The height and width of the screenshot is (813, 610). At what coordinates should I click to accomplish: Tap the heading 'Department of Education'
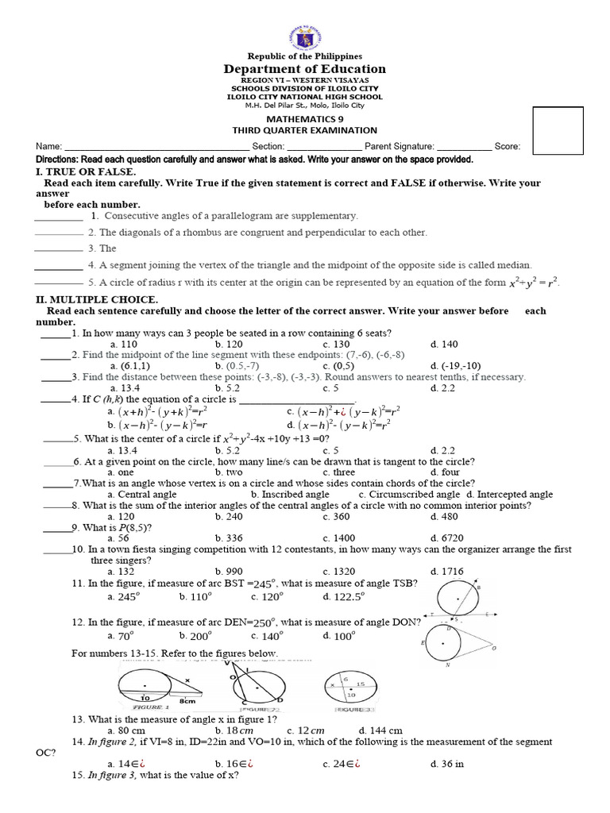click(305, 69)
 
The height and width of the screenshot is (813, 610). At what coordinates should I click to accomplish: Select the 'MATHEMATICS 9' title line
click(305, 117)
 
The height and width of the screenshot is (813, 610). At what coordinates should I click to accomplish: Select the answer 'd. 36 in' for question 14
click(446, 764)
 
